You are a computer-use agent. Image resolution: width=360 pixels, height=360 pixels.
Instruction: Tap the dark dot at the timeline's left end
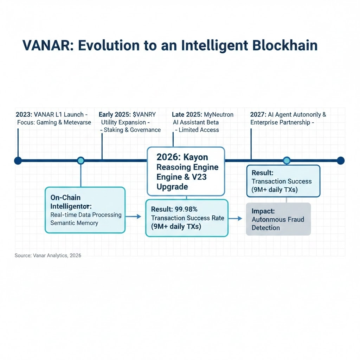tap(18, 161)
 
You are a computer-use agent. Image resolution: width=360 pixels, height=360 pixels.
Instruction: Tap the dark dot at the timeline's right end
tap(340, 161)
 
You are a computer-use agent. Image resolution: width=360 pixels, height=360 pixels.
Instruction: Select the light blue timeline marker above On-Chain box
tap(81, 161)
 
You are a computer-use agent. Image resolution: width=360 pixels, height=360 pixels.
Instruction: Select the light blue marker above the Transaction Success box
tap(287, 161)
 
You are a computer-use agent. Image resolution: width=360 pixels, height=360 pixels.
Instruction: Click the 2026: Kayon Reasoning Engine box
tap(186, 171)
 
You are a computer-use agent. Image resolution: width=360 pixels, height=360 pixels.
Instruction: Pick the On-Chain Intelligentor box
tap(85, 210)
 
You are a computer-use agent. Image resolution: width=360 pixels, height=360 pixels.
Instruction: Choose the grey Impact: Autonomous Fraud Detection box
tap(278, 219)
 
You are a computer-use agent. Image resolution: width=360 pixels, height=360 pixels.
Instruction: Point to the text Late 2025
tap(187, 115)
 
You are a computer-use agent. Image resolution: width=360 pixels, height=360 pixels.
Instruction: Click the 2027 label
tap(258, 115)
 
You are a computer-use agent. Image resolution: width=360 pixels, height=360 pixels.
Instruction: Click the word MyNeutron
tap(219, 115)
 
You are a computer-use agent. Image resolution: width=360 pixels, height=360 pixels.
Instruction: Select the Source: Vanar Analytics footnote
tap(48, 256)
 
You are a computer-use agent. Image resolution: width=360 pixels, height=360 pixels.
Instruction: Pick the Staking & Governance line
tap(131, 130)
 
